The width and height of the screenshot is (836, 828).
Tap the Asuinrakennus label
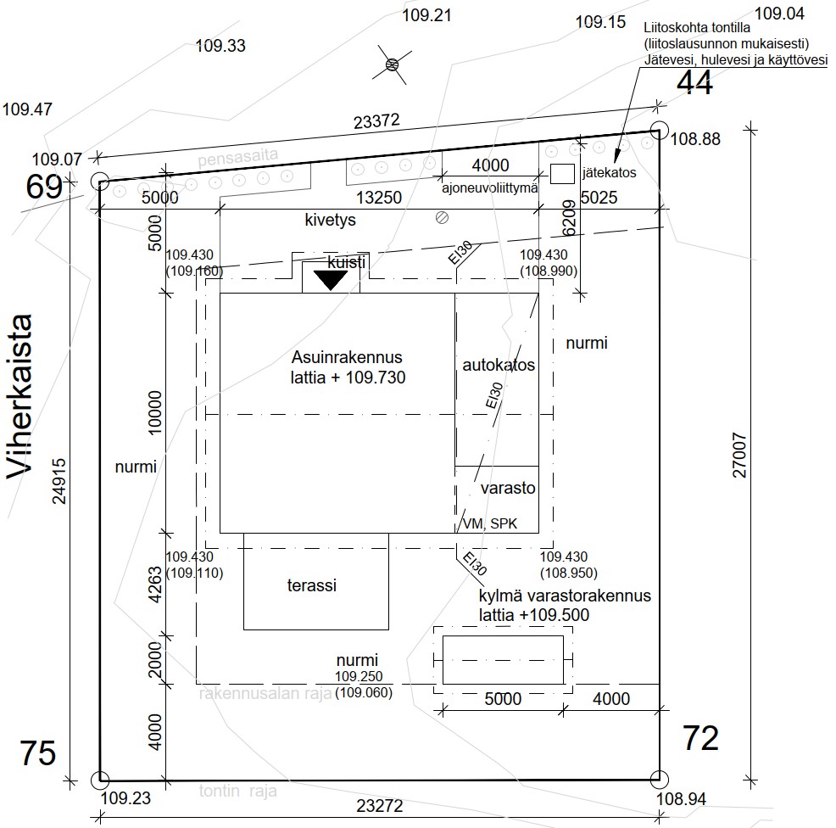pos(347,356)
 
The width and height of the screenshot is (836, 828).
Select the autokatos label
pos(499,365)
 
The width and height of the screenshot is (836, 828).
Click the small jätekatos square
pos(561,173)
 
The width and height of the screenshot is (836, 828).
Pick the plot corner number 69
pos(44,187)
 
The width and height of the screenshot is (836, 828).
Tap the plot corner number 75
pos(38,753)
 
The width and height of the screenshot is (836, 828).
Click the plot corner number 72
pos(700,738)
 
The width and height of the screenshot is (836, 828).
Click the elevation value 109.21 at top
pos(426,15)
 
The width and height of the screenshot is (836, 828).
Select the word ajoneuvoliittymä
pos(490,188)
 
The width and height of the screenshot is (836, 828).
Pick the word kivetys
pos(330,220)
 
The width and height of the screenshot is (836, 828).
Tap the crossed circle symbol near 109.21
pos(392,64)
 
